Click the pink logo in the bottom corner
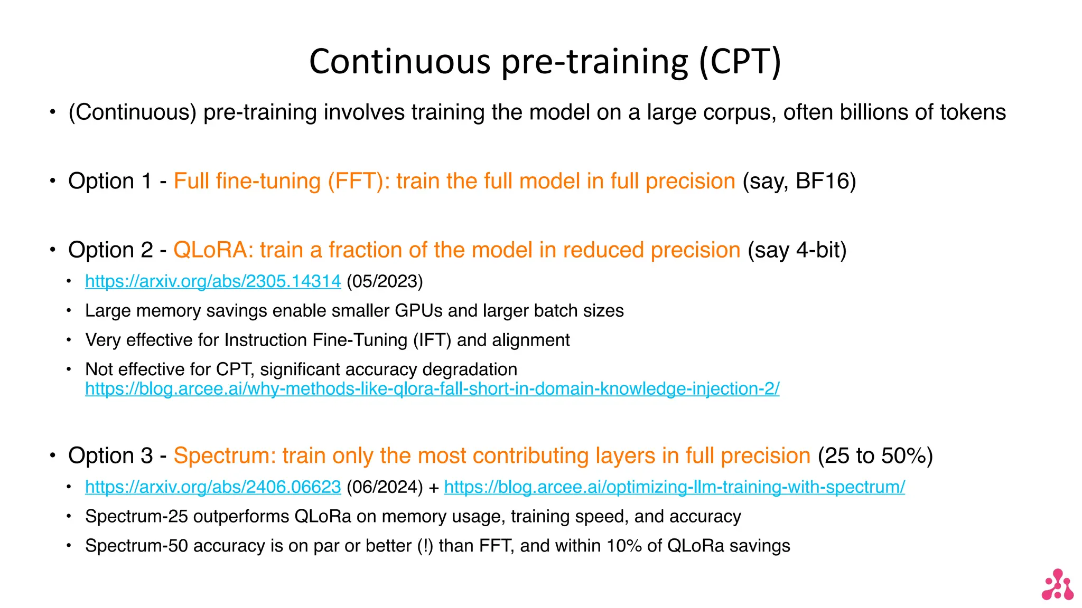(1057, 585)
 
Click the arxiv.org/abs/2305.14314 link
(213, 281)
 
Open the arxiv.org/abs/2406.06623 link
(213, 487)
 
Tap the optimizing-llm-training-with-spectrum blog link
(674, 487)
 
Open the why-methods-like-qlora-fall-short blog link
(432, 389)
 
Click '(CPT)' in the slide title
(740, 61)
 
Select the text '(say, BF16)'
(799, 181)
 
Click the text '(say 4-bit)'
(797, 250)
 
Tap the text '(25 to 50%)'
(875, 455)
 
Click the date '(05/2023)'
(385, 281)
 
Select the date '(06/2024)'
(385, 487)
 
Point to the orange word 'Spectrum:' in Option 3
(225, 455)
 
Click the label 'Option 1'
(109, 181)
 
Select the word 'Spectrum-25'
(136, 516)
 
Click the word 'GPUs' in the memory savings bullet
(418, 311)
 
